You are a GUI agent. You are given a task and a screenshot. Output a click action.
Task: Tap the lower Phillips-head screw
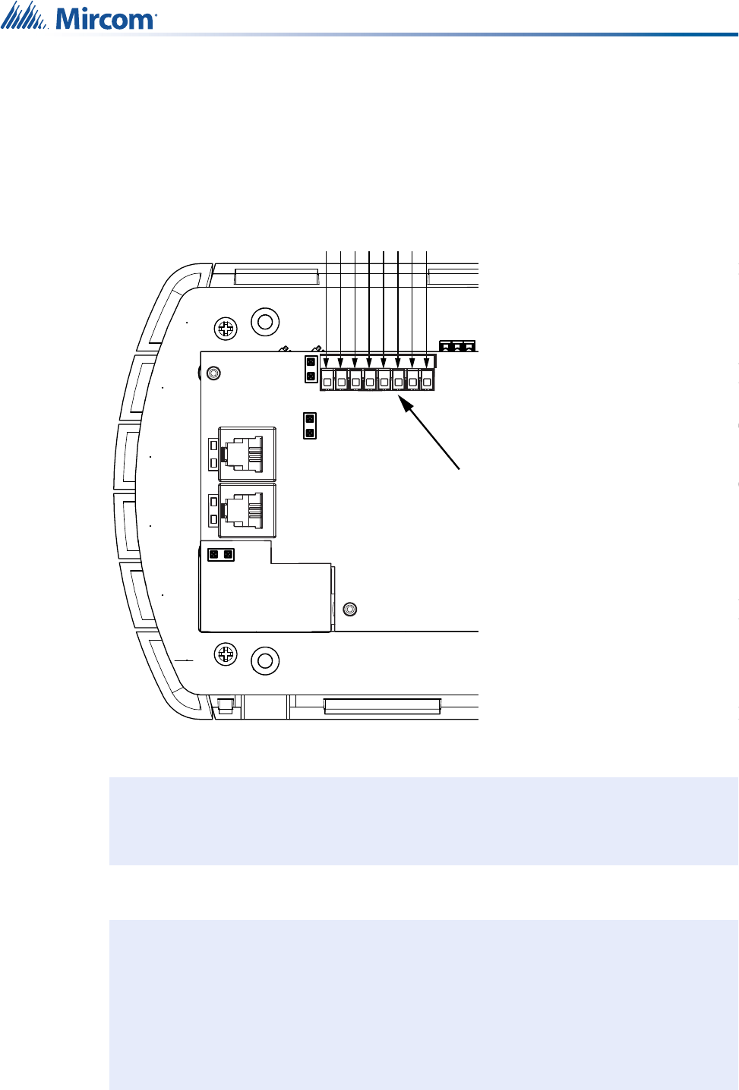pyautogui.click(x=226, y=654)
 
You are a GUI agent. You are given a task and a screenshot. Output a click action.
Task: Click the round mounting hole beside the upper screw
pyautogui.click(x=265, y=322)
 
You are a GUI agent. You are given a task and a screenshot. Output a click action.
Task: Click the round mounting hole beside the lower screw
pyautogui.click(x=265, y=660)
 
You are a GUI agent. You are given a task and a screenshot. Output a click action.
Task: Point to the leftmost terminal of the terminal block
pyautogui.click(x=327, y=380)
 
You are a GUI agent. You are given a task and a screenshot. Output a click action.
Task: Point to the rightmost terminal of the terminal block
pyautogui.click(x=427, y=380)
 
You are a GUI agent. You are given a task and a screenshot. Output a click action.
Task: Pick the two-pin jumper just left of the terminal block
pyautogui.click(x=311, y=369)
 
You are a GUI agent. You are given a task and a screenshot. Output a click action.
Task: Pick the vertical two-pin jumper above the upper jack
pyautogui.click(x=309, y=425)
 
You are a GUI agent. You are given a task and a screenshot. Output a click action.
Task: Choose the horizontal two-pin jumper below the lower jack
pyautogui.click(x=220, y=555)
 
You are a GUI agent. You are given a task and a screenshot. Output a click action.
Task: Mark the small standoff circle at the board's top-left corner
pyautogui.click(x=213, y=373)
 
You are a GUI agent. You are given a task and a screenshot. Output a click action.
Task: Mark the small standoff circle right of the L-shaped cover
pyautogui.click(x=349, y=609)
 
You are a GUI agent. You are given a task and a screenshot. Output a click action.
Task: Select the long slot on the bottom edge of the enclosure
pyautogui.click(x=382, y=706)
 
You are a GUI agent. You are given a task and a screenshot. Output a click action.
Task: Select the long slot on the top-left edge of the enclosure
pyautogui.click(x=276, y=276)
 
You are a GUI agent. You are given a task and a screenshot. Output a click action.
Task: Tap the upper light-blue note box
pyautogui.click(x=423, y=821)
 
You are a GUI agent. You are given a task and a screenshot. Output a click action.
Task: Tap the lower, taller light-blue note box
pyautogui.click(x=423, y=1004)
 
